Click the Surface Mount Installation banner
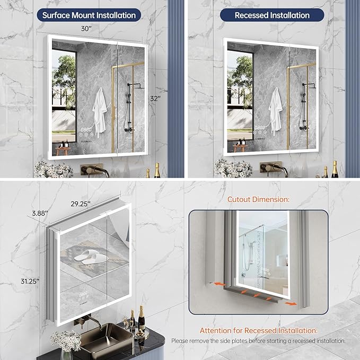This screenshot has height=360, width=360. (x=89, y=15)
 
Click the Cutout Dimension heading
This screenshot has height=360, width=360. (x=259, y=200)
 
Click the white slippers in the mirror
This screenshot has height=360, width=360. (x=89, y=257)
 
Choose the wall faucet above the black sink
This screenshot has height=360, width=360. (x=88, y=321)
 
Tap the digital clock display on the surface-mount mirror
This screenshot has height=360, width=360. (x=85, y=128)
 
